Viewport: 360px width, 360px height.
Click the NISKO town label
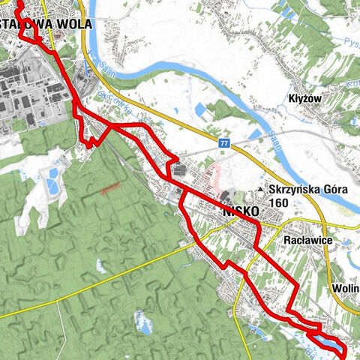click(241, 212)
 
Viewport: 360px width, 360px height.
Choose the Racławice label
click(308, 241)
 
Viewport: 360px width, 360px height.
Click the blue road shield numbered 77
click(224, 142)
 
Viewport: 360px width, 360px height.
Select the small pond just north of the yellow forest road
click(101, 265)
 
